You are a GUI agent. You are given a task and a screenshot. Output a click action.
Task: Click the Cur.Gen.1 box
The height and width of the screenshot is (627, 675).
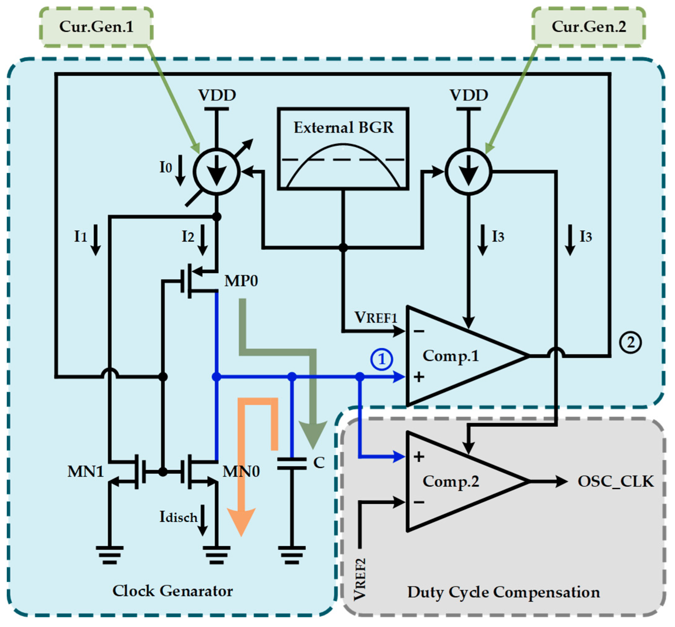96,27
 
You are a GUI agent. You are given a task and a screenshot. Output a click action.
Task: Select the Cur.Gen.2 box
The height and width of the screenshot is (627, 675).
588,27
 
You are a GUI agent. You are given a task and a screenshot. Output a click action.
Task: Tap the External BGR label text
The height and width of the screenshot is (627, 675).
343,128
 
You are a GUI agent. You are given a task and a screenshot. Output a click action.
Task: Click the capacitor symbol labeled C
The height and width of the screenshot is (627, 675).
292,464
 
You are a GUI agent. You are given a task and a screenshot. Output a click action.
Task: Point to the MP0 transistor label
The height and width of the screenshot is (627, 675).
241,281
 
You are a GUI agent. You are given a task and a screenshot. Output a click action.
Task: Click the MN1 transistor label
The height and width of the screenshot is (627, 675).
85,472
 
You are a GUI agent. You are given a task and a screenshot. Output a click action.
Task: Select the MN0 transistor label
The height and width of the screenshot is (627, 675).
241,472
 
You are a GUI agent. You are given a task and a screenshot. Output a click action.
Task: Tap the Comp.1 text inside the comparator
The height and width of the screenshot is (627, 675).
450,356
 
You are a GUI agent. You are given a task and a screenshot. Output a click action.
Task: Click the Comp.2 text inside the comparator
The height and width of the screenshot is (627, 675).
450,481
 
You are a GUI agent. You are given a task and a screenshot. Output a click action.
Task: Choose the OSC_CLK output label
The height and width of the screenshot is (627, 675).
616,481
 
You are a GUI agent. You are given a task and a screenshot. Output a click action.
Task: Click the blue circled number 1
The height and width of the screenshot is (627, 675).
382,359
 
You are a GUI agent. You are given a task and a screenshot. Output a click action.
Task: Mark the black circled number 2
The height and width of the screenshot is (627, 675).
630,342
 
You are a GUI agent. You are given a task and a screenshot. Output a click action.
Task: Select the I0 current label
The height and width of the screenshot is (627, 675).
166,167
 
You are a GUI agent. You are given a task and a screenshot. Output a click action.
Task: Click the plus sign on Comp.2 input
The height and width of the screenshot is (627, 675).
419,457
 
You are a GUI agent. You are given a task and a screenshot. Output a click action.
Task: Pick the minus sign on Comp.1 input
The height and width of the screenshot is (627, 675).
419,331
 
